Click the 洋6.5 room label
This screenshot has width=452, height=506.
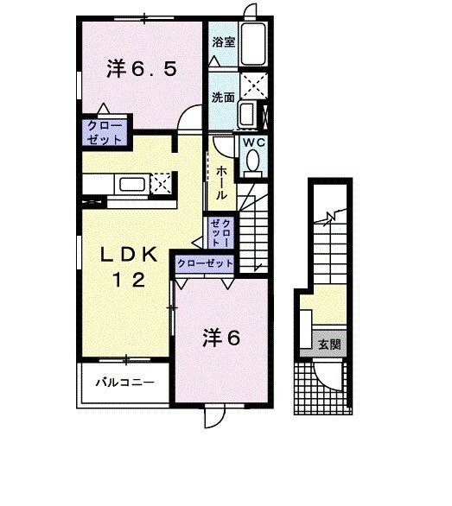point(143,70)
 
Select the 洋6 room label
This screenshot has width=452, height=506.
point(220,338)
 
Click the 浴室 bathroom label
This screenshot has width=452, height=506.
point(222,40)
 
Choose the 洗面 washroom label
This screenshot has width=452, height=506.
point(223,98)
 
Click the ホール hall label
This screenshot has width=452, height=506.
point(221,182)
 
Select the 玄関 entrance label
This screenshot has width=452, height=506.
point(328,345)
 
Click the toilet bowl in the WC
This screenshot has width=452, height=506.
point(252,161)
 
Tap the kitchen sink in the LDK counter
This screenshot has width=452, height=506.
point(132,184)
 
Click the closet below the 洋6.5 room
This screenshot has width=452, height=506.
point(104,133)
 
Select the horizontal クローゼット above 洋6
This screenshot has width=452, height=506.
point(204,263)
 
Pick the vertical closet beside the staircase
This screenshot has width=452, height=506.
point(221,231)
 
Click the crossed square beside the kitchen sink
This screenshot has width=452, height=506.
point(160,183)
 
